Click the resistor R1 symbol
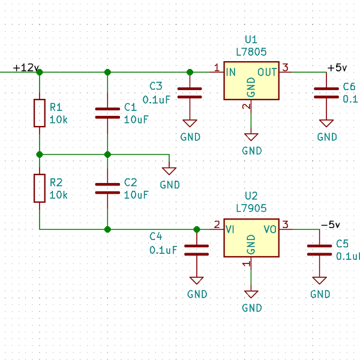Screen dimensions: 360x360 pyautogui.click(x=40, y=113)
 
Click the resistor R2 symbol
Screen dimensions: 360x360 pyautogui.click(x=40, y=188)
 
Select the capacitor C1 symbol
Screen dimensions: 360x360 pyautogui.click(x=107, y=113)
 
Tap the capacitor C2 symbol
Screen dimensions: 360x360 pyautogui.click(x=107, y=188)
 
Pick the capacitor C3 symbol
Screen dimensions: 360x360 pyautogui.click(x=190, y=92)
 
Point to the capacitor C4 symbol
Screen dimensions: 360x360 pyautogui.click(x=197, y=250)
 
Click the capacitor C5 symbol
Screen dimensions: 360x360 pyautogui.click(x=319, y=250)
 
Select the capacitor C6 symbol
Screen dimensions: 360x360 pyautogui.click(x=326, y=92)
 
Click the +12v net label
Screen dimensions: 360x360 pyautogui.click(x=25, y=67)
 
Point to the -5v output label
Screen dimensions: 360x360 pyautogui.click(x=330, y=224)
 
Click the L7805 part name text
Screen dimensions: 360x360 pyautogui.click(x=251, y=52)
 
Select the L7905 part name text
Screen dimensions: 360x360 pyautogui.click(x=251, y=208)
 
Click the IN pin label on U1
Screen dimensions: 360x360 pyautogui.click(x=231, y=72)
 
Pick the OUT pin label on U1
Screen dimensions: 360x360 pyautogui.click(x=268, y=72)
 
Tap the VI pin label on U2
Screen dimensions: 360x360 pyautogui.click(x=230, y=229)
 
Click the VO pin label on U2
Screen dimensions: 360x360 pyautogui.click(x=271, y=229)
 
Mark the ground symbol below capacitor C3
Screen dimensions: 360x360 pyautogui.click(x=190, y=123)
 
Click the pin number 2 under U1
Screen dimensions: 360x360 pyautogui.click(x=245, y=107)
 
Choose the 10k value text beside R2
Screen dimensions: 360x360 pyautogui.click(x=58, y=195)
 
